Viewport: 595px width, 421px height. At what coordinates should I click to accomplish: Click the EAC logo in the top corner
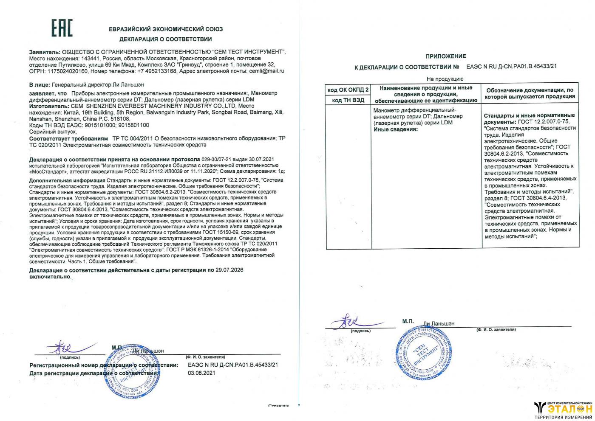point(62,28)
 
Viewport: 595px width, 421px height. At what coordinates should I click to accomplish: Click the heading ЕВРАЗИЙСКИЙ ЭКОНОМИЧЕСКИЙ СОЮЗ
point(165,29)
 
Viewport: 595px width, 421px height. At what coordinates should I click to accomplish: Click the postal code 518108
point(121,119)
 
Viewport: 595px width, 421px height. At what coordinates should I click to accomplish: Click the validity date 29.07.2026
point(229,270)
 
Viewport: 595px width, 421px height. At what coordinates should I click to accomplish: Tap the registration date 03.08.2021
point(201,373)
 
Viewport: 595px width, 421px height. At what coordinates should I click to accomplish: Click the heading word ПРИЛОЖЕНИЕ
point(445,56)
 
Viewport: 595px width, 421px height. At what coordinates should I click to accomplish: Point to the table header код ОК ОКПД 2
point(348,90)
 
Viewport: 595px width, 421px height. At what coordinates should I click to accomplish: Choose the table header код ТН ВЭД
point(348,100)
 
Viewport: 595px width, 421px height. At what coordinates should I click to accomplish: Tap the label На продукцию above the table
point(445,79)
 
